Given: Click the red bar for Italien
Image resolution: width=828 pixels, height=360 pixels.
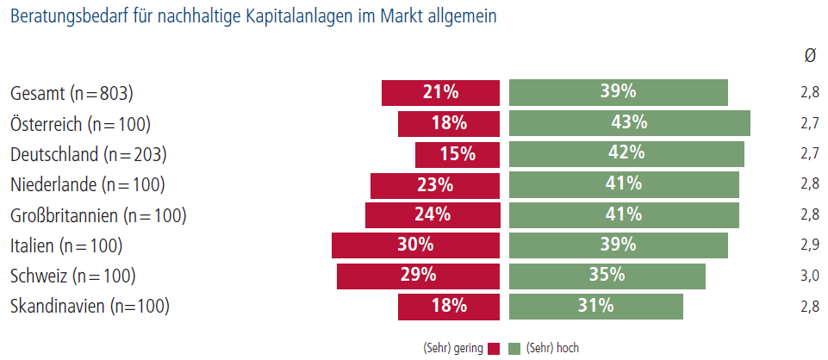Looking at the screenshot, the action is [415, 245].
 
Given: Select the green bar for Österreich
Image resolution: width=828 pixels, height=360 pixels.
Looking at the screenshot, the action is [630, 123].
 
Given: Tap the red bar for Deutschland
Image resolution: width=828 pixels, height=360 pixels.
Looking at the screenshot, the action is [458, 154].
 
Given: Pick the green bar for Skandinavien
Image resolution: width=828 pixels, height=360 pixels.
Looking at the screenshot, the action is [595, 307].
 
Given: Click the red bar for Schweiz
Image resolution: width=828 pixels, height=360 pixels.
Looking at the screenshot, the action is [418, 276].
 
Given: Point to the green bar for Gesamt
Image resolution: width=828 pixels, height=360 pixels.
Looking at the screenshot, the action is [619, 93].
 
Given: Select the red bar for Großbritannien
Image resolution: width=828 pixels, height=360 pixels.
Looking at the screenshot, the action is [433, 214].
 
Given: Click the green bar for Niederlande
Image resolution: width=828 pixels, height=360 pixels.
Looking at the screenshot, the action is [624, 185].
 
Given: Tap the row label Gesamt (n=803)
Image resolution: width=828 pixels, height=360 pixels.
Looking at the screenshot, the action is [72, 94].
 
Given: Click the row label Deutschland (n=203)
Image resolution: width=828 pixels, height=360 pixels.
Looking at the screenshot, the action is [89, 155].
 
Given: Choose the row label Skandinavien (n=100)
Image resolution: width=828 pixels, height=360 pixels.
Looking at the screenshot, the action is [90, 307].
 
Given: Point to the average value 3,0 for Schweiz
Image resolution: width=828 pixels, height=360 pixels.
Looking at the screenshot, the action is [810, 276].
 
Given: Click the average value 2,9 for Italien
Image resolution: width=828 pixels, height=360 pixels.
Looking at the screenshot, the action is [810, 245].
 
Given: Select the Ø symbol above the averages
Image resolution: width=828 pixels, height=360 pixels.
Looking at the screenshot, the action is [810, 57].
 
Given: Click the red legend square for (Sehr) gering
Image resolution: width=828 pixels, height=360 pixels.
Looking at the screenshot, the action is [494, 349].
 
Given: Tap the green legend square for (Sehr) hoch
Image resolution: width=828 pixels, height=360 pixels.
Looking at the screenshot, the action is [514, 349].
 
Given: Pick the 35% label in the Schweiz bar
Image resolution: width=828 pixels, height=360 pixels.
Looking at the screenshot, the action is [607, 276].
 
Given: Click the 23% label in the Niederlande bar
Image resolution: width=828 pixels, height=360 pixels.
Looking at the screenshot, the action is [435, 185].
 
